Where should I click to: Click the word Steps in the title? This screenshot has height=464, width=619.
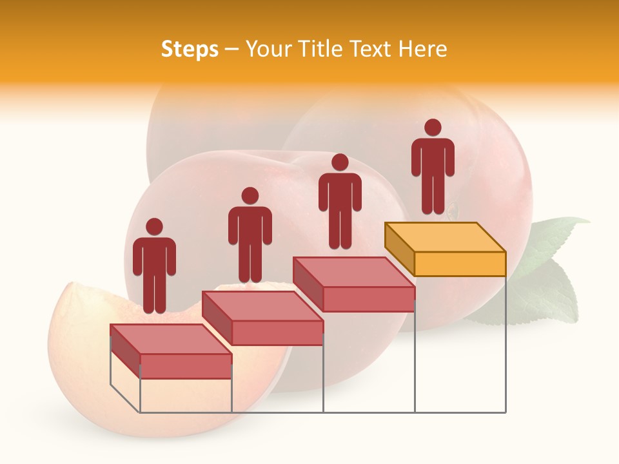pos(190,50)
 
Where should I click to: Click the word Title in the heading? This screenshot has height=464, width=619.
pos(322,49)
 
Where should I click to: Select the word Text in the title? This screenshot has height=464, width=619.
pos(371,49)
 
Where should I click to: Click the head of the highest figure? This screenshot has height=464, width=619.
pos(433,128)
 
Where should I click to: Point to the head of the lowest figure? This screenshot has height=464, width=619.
pos(154,227)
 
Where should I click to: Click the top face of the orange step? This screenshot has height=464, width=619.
pos(445,237)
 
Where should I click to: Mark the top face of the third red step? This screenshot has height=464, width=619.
pos(354,272)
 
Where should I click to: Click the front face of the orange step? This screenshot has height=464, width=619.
pos(460,264)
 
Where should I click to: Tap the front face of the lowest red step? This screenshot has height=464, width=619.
pos(186,366)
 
